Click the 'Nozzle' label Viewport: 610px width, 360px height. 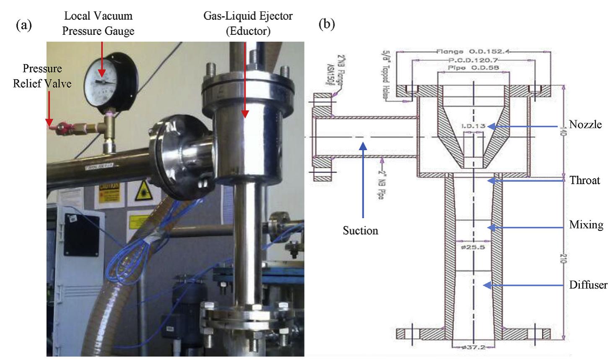coord(585,125)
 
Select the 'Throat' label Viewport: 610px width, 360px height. coord(585,180)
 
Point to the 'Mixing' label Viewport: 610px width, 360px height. coord(586,225)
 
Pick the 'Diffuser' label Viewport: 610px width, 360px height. coord(588,285)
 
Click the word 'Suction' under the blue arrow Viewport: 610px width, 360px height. coord(361,230)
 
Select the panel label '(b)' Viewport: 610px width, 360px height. coord(327,25)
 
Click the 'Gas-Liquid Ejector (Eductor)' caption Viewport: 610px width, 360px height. coord(248,24)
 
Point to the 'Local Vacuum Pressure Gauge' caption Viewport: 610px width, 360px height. coord(98,24)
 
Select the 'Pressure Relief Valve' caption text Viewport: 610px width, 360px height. coord(42,76)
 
